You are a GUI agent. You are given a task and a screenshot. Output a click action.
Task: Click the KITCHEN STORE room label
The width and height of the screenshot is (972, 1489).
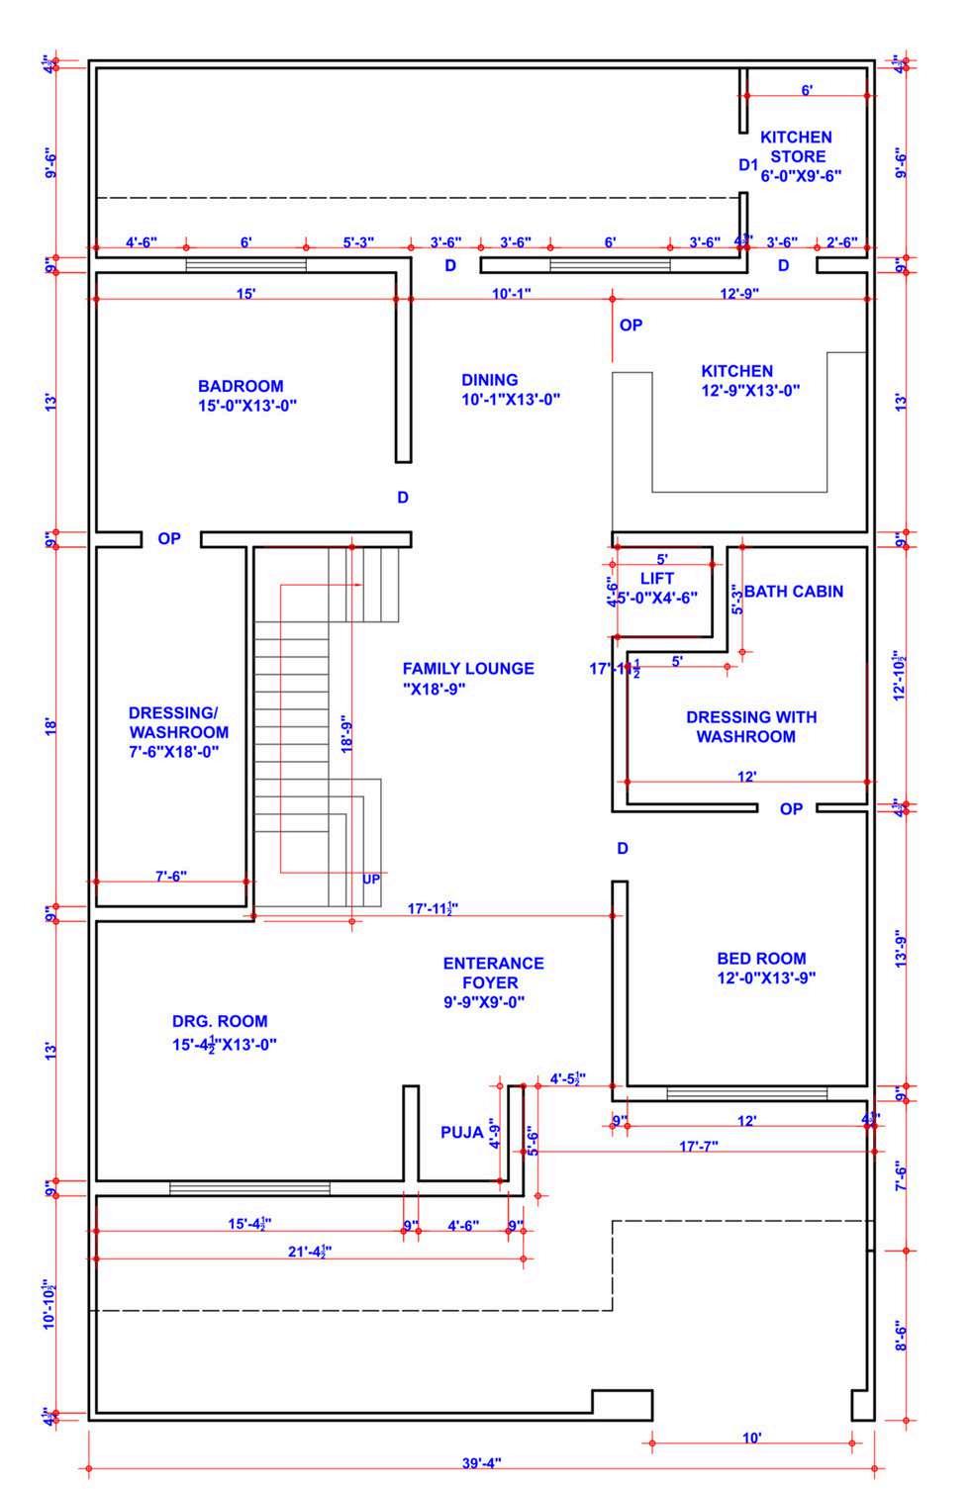tap(797, 156)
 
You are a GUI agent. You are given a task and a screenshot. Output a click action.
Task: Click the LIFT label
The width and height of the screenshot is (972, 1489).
tap(657, 579)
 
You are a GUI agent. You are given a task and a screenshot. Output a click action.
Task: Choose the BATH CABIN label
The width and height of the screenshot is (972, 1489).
tap(793, 592)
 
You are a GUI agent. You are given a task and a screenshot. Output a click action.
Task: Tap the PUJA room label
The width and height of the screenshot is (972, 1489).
tap(461, 1132)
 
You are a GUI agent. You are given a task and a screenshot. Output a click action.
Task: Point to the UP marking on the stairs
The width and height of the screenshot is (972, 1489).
tap(371, 879)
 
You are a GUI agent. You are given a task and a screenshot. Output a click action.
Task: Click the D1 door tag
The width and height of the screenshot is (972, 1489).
tap(748, 164)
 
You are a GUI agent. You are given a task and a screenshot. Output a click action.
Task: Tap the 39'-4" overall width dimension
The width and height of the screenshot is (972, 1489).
tap(482, 1462)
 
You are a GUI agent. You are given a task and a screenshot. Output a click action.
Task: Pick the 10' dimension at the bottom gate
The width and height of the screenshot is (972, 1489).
tap(751, 1437)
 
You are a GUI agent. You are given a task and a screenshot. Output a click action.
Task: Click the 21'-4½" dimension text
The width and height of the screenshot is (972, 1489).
tap(309, 1252)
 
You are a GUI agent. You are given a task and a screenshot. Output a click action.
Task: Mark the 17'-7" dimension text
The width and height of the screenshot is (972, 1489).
tap(698, 1146)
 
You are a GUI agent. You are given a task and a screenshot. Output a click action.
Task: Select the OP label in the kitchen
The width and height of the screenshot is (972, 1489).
tap(631, 325)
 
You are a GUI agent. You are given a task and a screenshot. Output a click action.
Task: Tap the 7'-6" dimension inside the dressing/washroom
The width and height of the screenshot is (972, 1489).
tap(170, 876)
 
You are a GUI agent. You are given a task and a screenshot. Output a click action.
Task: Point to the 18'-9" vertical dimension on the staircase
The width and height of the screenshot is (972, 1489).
tap(345, 731)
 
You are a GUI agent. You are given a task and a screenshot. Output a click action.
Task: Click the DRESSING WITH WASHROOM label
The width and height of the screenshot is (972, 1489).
tap(750, 726)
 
